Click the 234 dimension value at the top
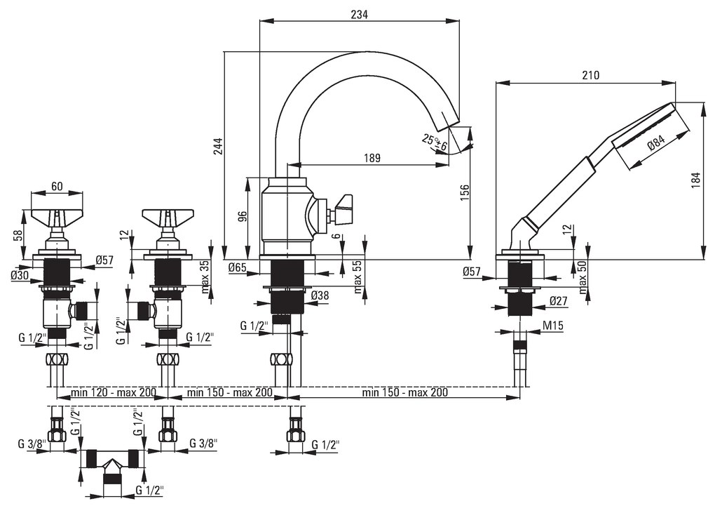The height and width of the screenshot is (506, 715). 360,14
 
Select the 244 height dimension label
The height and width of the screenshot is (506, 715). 218,146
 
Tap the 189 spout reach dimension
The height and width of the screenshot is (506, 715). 372,158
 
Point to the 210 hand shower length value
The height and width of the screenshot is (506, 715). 591,75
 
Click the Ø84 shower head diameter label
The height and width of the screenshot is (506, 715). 656,145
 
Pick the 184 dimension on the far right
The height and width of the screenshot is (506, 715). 695,180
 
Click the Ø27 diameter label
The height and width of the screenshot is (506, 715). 558,301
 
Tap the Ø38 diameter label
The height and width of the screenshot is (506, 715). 320,295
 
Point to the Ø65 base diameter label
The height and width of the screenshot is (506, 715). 238,267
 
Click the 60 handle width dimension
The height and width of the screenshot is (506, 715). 57,186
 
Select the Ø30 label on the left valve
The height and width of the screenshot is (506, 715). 20,275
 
